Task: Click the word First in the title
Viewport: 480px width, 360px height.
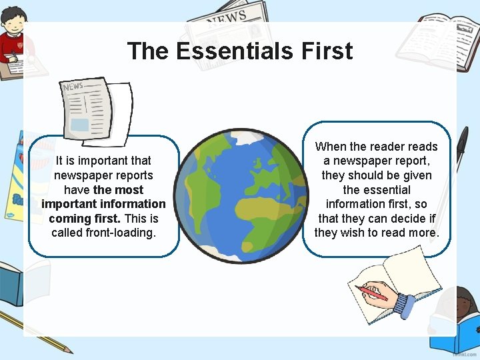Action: tap(327, 51)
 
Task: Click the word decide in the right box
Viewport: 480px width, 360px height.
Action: tap(409, 218)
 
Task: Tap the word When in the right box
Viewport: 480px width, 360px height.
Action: tap(331, 147)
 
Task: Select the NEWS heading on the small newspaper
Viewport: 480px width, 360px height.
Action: tap(73, 87)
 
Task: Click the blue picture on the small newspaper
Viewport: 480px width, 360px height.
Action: tap(79, 125)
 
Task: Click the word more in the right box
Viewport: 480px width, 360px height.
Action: tap(423, 233)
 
